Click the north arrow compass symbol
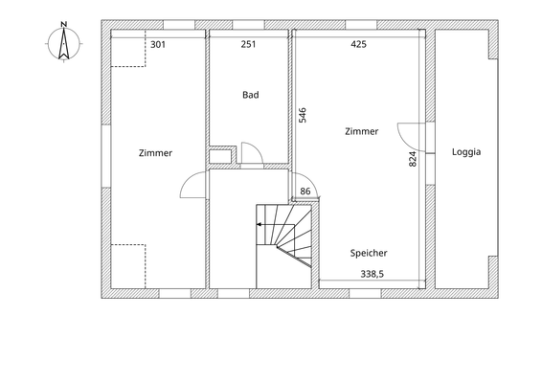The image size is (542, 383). coord(63,42)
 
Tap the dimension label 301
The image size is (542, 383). coord(158,44)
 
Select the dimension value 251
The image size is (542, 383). coord(248,44)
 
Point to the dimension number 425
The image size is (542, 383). coord(358,44)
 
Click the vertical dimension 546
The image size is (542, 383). coord(303,116)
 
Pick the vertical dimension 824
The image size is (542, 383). coord(413,160)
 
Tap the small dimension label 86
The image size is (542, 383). coord(305,191)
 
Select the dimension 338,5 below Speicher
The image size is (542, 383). coord(372,274)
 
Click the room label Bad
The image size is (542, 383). coord(251,95)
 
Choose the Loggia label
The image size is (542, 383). coord(466,152)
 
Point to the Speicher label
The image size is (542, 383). coord(369,253)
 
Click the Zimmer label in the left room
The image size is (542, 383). coord(155,153)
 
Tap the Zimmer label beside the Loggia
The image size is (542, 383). coord(361,132)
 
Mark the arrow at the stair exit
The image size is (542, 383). coord(260,224)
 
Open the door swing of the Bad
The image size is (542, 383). coord(252,154)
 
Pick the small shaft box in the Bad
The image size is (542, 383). coord(221,156)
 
